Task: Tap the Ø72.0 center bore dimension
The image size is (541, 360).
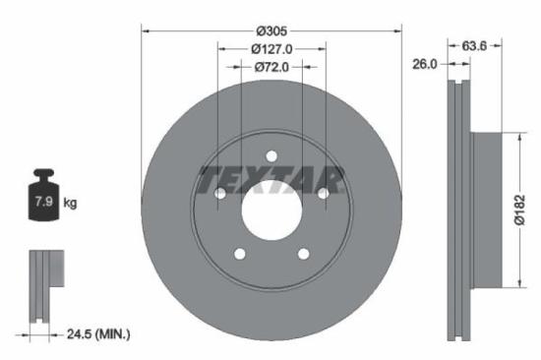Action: coord(270,67)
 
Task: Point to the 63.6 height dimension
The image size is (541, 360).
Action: coord(476,44)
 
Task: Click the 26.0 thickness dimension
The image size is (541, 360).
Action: coord(426,64)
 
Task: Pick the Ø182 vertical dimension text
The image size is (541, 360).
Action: coord(522,209)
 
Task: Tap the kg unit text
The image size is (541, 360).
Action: coord(70,204)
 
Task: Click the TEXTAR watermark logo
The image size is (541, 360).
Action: coord(270,180)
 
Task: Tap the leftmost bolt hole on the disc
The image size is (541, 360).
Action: coord(219,193)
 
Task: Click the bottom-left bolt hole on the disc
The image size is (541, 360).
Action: coord(239,253)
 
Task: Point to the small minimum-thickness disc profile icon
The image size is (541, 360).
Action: coord(42,285)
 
